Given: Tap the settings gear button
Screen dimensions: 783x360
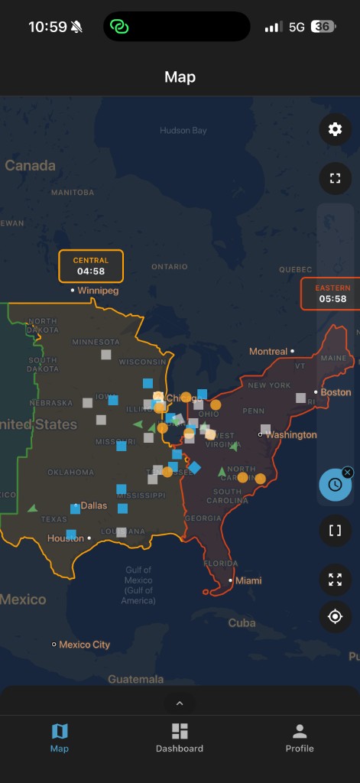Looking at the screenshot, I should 335,129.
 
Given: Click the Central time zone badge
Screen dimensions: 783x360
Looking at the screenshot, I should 91,266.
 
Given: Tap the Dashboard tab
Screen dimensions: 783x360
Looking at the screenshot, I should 180,738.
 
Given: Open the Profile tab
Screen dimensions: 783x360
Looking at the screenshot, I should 300,738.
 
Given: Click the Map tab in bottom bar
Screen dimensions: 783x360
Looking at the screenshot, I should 60,738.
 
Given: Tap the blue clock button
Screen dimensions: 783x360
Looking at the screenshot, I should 335,484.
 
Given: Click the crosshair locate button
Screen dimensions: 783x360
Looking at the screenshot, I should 335,617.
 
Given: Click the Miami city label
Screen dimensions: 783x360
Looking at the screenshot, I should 248,581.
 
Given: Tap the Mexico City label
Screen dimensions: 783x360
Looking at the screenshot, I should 84,645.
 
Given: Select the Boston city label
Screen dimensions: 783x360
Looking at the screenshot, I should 336,392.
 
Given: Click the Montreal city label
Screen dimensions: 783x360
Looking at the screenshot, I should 268,352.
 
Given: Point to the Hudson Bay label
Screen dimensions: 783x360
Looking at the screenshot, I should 183,131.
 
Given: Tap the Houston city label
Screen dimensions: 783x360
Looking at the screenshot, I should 66,538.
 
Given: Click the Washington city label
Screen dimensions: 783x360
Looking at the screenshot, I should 290,434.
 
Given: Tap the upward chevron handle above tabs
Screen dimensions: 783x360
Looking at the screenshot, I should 180,703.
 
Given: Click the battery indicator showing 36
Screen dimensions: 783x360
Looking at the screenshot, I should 323,27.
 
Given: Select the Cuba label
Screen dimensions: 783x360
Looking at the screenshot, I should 242,622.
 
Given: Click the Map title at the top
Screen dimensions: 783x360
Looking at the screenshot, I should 180,77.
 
